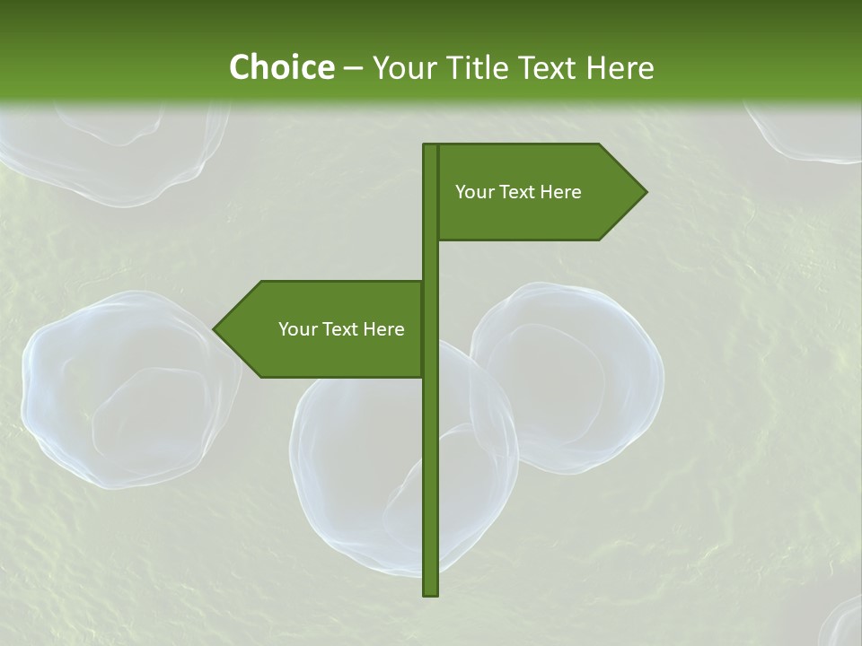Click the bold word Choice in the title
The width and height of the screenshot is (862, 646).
[x=281, y=68]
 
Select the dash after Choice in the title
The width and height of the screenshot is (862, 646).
[x=353, y=69]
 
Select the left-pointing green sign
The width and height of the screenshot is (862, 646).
[x=323, y=329]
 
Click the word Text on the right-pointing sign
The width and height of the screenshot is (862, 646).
[x=518, y=192]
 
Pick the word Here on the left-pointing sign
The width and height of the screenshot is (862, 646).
[x=383, y=329]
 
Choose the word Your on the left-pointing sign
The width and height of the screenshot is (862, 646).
[x=296, y=329]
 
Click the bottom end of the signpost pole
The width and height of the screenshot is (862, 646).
[x=430, y=592]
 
